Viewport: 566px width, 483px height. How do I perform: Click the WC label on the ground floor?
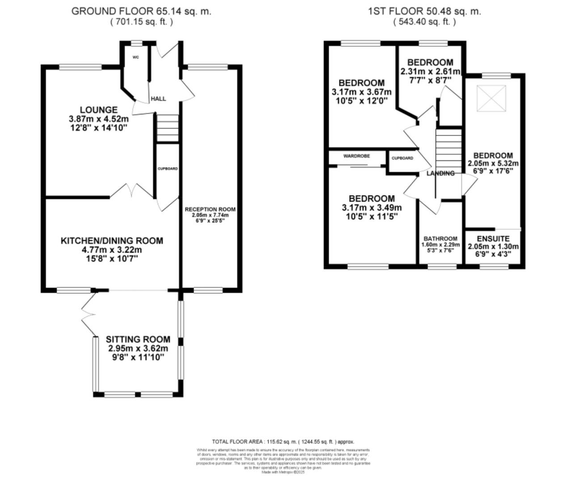(x=136, y=57)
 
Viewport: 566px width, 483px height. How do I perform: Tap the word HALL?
(x=158, y=98)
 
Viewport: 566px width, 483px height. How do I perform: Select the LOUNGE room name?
(x=98, y=110)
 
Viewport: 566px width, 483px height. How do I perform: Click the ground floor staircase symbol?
(x=167, y=127)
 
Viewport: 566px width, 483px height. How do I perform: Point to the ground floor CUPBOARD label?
(x=168, y=169)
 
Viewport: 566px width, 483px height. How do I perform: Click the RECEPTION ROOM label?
(x=210, y=209)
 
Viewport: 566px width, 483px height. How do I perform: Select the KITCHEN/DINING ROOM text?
(x=112, y=241)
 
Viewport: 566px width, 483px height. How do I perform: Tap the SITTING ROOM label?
(x=138, y=339)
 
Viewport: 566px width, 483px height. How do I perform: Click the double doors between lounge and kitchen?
(x=132, y=190)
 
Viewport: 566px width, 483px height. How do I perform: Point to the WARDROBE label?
(x=356, y=156)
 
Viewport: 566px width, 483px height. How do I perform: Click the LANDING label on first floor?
(x=440, y=173)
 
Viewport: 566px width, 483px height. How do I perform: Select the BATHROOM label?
(x=440, y=238)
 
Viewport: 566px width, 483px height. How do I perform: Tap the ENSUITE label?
(x=493, y=239)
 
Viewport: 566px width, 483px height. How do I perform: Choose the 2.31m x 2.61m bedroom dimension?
(x=430, y=72)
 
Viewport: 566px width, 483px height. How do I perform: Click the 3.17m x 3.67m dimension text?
(x=361, y=92)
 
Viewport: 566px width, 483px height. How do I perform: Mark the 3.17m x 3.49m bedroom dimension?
(x=372, y=208)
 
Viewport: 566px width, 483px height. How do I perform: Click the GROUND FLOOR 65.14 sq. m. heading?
(x=141, y=12)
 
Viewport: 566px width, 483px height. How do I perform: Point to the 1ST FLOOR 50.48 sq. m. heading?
(x=424, y=12)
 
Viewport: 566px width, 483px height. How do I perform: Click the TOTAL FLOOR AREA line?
(x=283, y=441)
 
